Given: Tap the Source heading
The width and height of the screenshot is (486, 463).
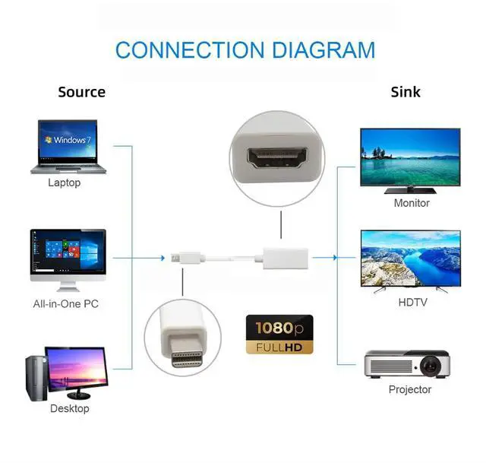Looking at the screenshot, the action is (81, 92).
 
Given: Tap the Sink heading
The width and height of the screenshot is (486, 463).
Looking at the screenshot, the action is (405, 92).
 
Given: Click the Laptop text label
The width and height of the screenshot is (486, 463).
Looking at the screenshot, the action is (64, 182).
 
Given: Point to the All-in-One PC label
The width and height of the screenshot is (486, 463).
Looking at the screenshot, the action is (65, 304).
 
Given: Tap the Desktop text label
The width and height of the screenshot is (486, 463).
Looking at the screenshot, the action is (69, 408).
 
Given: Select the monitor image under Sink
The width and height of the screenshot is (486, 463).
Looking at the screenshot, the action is (410, 160).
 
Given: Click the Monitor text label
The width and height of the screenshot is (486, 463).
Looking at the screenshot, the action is (412, 203).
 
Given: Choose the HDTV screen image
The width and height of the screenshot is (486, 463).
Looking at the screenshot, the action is (410, 259).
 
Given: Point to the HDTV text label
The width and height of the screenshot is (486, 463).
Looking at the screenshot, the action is (412, 302).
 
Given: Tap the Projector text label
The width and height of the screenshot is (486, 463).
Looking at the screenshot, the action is (410, 389).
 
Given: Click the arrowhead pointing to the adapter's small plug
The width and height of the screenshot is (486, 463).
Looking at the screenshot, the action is (162, 258).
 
